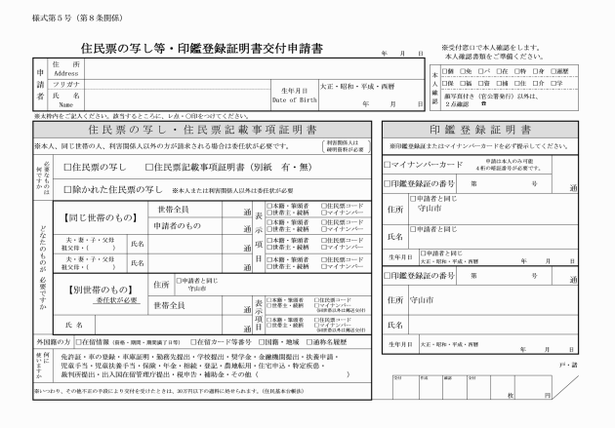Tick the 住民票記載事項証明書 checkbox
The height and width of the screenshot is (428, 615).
(146, 168)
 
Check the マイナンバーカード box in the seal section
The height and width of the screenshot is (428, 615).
(388, 163)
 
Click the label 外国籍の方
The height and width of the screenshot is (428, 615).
(54, 342)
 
